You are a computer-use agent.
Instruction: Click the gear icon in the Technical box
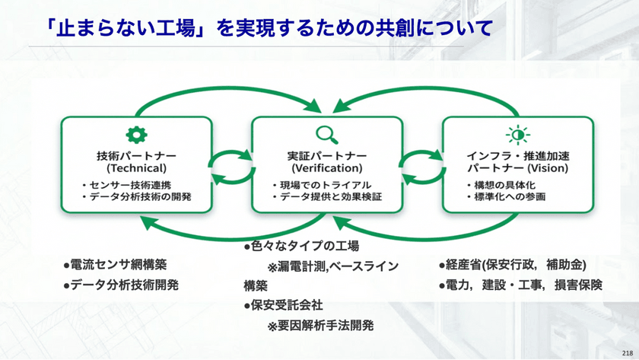[136, 135]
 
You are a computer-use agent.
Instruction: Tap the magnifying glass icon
[327, 135]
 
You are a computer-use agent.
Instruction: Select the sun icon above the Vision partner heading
[517, 135]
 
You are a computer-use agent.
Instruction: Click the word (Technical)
[137, 167]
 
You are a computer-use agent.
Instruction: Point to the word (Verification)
[327, 167]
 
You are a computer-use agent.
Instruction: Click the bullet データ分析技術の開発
[138, 196]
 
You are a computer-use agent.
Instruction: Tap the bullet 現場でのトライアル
[323, 185]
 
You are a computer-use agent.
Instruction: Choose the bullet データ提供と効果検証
[328, 196]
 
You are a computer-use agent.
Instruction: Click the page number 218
[627, 352]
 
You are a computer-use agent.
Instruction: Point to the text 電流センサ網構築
[116, 265]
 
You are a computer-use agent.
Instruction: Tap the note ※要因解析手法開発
[320, 326]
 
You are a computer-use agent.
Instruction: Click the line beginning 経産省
[512, 265]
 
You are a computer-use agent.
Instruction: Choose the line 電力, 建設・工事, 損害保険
[520, 285]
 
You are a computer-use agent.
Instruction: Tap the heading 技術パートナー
[137, 155]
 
